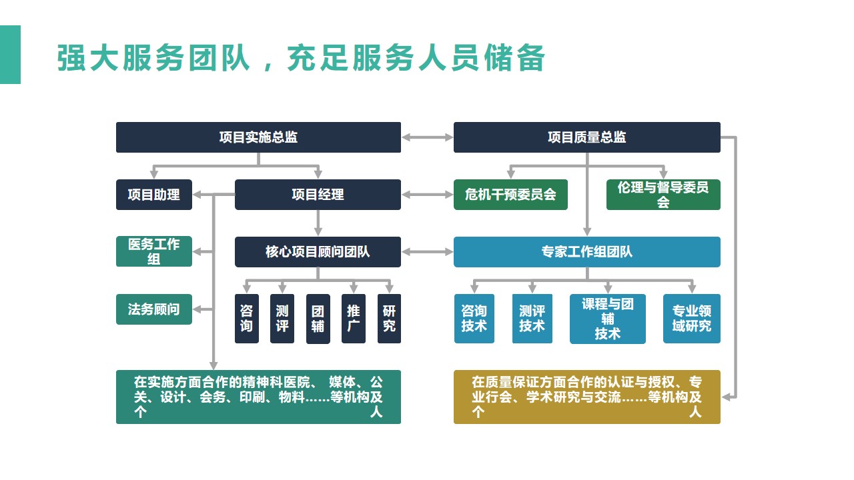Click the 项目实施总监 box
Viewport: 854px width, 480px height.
(x=258, y=137)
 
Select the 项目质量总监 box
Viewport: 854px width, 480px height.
(x=586, y=137)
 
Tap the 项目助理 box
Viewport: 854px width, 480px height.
(x=154, y=195)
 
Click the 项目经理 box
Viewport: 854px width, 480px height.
(x=318, y=195)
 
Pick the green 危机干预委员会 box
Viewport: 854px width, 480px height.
(x=510, y=195)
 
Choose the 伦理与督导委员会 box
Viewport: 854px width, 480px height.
(x=663, y=195)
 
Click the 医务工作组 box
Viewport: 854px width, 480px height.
(x=154, y=251)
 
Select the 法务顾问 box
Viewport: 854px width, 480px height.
(x=154, y=309)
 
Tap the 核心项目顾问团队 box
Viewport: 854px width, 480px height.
(x=318, y=252)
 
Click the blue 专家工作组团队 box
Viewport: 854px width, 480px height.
(x=586, y=252)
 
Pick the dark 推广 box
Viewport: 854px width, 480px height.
(x=354, y=319)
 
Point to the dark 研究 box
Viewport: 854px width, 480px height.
(x=389, y=319)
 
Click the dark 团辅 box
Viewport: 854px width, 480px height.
(x=318, y=319)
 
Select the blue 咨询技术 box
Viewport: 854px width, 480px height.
(x=474, y=319)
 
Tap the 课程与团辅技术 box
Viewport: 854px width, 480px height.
(x=608, y=319)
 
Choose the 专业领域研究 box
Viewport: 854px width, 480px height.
(x=692, y=319)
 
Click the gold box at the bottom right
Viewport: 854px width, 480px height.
(x=586, y=397)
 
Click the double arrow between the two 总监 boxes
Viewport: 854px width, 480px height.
(x=428, y=137)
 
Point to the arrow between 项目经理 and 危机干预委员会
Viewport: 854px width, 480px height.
(x=428, y=195)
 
